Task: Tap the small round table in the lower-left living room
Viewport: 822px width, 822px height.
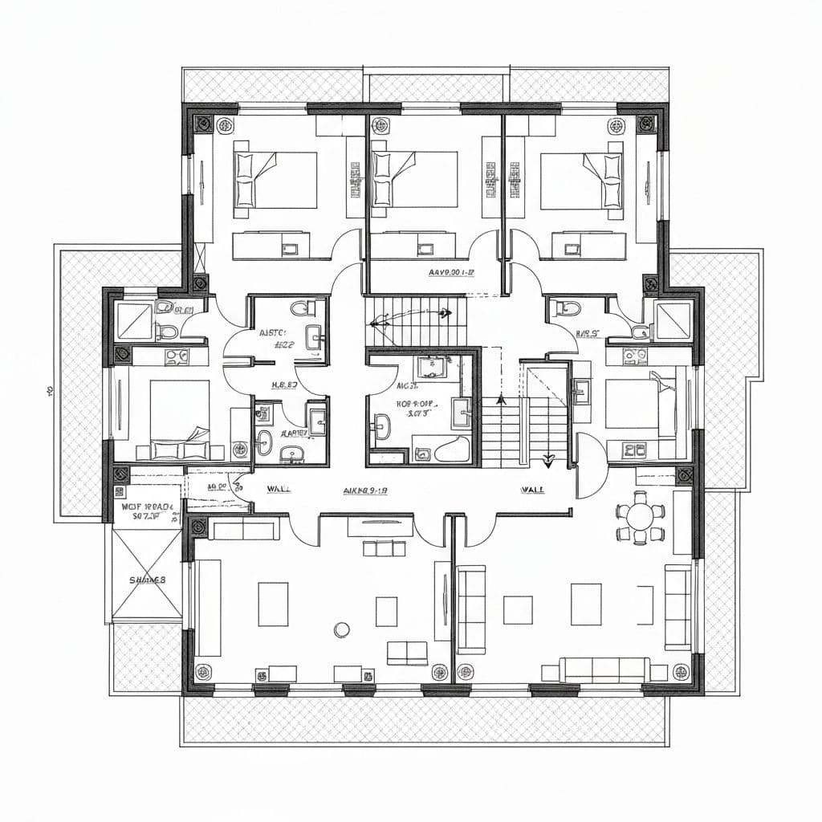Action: pyautogui.click(x=343, y=629)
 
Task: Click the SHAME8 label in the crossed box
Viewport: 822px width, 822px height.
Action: pyautogui.click(x=147, y=580)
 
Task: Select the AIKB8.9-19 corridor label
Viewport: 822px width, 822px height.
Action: pyautogui.click(x=365, y=490)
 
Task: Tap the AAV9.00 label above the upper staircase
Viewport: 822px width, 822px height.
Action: pyautogui.click(x=452, y=273)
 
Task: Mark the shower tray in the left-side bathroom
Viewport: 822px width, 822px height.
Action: pyautogui.click(x=134, y=320)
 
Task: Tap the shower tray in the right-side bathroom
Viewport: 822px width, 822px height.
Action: pyautogui.click(x=673, y=320)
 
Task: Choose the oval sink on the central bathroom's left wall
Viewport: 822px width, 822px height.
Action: pyautogui.click(x=382, y=425)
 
